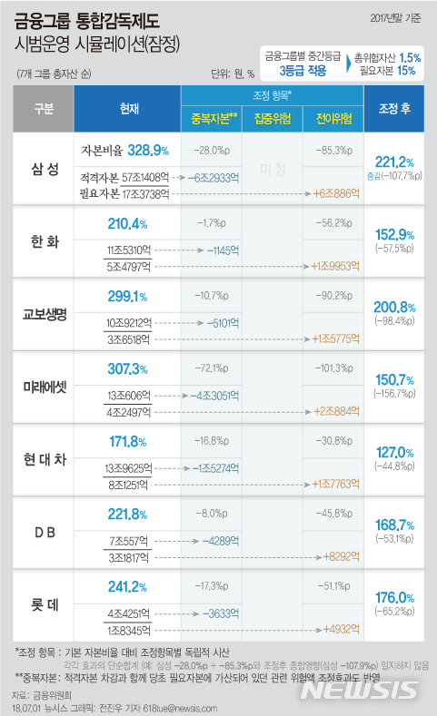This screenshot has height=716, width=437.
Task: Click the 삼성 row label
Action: [x=43, y=168]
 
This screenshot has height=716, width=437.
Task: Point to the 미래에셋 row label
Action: [x=43, y=387]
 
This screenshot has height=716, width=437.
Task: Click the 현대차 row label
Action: [x=43, y=460]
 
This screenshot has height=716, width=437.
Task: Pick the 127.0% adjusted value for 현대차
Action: [x=392, y=452]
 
